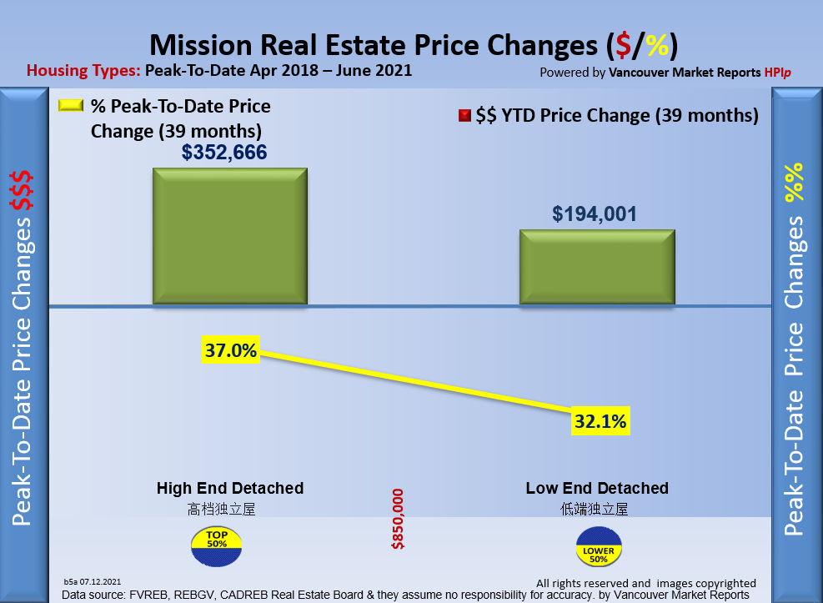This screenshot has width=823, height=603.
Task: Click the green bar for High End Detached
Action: [x=229, y=236]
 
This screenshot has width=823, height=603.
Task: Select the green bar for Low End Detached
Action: [x=597, y=267]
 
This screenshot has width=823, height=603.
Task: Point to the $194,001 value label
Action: [x=595, y=214]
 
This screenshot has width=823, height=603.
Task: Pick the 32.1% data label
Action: [x=600, y=422]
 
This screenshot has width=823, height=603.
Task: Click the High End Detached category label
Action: [x=230, y=488]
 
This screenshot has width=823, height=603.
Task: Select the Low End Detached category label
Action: [x=597, y=488]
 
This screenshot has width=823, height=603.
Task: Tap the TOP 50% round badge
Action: [x=217, y=547]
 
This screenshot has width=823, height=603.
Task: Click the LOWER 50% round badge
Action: [x=599, y=547]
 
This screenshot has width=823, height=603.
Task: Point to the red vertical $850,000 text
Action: [x=398, y=519]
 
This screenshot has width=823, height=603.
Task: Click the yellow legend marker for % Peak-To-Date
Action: [x=71, y=107]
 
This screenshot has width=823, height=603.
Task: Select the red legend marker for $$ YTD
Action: [x=464, y=116]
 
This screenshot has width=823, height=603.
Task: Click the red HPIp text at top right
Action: [x=777, y=73]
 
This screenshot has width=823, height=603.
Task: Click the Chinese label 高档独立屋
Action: [x=221, y=508]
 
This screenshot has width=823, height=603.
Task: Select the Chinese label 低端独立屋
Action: [x=595, y=508]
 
